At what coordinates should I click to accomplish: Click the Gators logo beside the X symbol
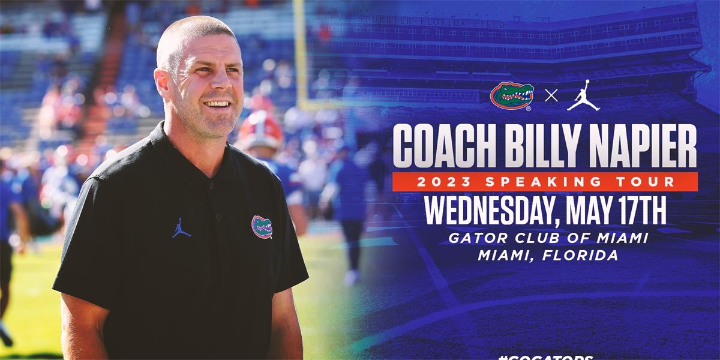511,96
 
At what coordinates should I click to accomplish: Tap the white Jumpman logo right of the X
583,96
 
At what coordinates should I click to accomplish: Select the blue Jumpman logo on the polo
181,228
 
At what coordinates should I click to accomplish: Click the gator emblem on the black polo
262,226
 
